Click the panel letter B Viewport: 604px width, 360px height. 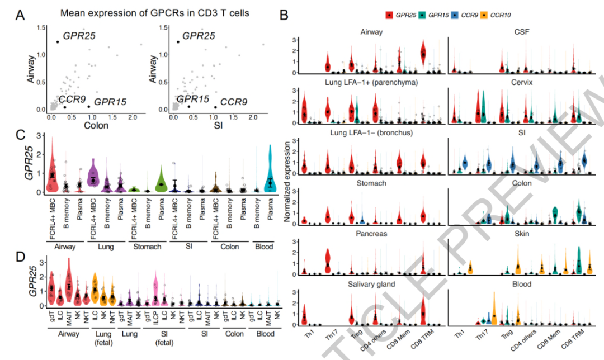click(284, 15)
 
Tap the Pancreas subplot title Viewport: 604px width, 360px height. click(370, 235)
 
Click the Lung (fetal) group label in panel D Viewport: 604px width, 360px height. click(103, 338)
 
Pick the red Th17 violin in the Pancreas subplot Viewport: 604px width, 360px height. click(328, 260)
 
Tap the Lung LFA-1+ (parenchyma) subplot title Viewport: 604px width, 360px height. click(370, 82)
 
